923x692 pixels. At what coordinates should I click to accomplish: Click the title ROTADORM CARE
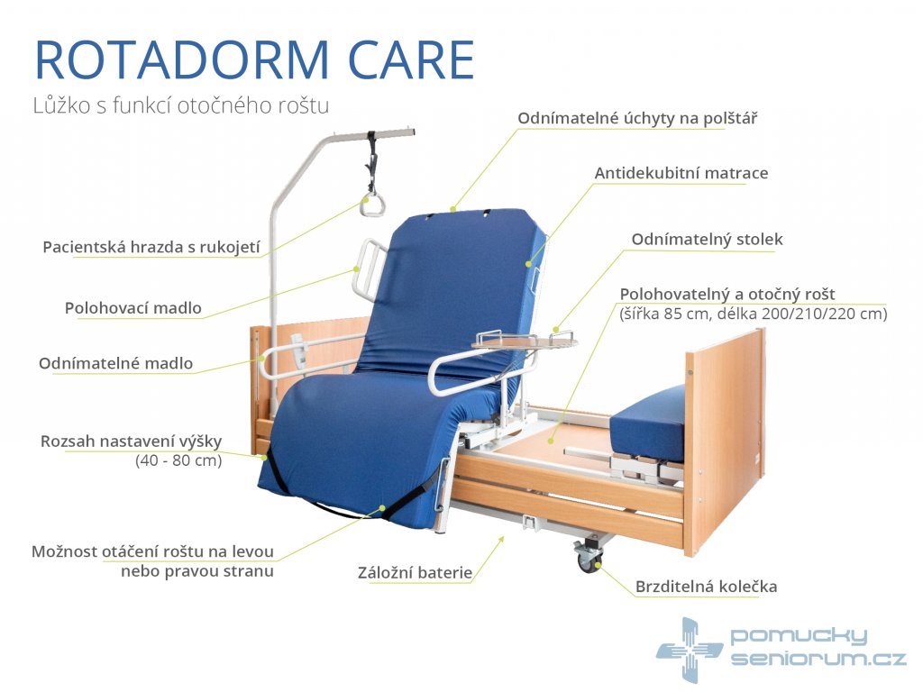point(254,59)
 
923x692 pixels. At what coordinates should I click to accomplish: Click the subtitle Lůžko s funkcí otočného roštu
point(180,106)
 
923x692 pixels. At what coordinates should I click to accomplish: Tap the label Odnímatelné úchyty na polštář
point(637,118)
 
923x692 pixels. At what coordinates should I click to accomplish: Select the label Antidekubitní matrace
point(681,173)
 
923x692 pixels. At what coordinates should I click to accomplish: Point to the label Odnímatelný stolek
point(707,240)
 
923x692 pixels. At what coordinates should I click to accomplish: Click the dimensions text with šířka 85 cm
point(753,314)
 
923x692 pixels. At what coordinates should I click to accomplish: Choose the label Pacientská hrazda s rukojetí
point(151,247)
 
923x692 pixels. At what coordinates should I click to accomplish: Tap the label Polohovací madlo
point(133,308)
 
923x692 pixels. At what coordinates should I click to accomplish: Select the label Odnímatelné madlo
point(116,363)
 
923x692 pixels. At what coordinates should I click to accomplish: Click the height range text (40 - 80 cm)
point(179,460)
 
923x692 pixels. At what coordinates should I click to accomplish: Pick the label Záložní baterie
point(415,572)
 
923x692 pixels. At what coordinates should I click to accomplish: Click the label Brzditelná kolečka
point(707,587)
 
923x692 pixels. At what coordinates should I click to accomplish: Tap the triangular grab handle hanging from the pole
point(372,205)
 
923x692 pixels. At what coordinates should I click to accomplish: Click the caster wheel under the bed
point(589,556)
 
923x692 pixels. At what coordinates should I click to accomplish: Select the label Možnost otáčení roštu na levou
point(152,551)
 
